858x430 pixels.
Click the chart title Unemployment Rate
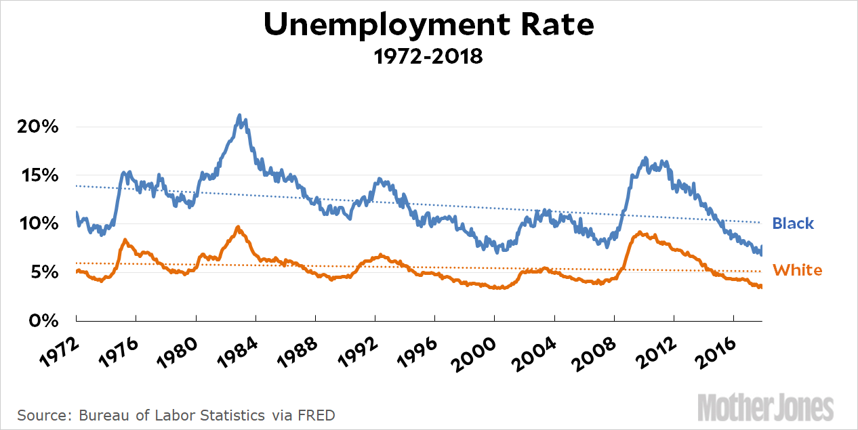(428, 25)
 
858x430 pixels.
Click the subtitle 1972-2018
(428, 56)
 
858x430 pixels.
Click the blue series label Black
(793, 223)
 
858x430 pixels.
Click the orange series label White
(797, 271)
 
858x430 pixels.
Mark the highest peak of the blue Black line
(239, 116)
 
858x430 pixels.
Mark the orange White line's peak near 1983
(238, 227)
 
